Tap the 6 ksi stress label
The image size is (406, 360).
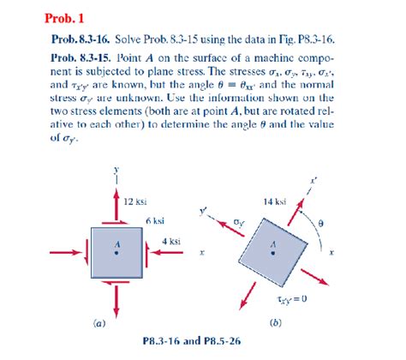[x=154, y=220]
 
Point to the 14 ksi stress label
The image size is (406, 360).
[x=275, y=201]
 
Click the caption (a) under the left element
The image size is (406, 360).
[x=99, y=323]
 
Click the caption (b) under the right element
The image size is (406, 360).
[x=273, y=323]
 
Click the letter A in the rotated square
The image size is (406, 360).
[x=274, y=243]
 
